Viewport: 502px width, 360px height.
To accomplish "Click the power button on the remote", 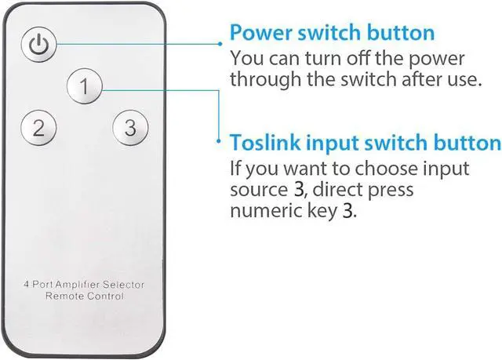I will click(x=38, y=45).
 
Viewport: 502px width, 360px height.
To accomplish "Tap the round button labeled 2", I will click(x=38, y=128).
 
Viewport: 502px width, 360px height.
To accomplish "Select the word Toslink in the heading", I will click(x=264, y=143).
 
